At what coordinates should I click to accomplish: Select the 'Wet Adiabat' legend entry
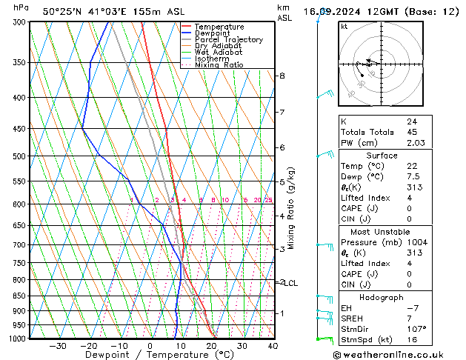(x=216, y=52)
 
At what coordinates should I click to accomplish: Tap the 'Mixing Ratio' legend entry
(x=219, y=65)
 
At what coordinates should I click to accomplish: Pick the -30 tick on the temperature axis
(x=58, y=346)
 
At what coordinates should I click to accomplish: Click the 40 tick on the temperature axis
(x=273, y=346)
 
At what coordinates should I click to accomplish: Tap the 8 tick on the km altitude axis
(x=282, y=76)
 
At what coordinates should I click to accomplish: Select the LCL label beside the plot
(x=291, y=283)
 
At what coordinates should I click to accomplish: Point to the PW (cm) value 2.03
(x=416, y=143)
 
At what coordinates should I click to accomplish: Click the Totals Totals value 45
(x=411, y=132)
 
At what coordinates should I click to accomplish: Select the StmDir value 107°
(x=416, y=329)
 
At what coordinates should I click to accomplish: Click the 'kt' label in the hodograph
(x=344, y=27)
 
